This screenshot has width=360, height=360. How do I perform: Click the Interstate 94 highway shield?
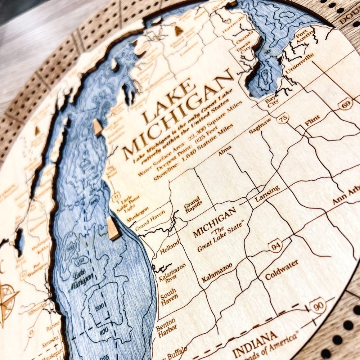coord(275,246)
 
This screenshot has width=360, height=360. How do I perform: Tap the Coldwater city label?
coord(282,270)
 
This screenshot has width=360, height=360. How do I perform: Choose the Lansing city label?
coord(267,193)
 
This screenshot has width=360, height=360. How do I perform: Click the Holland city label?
coord(170,247)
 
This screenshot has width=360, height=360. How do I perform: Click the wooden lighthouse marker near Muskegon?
coord(113,228)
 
